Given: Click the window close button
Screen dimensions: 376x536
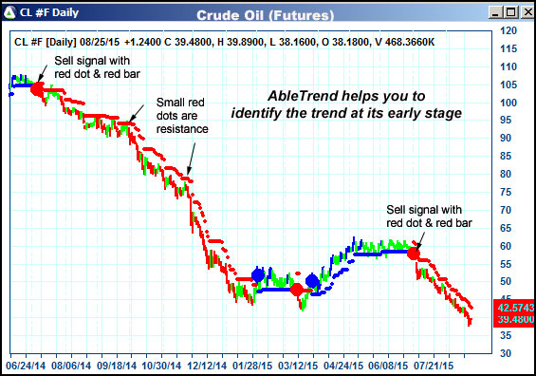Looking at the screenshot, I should point(526,12).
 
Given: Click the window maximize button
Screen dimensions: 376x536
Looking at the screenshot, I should point(508,12).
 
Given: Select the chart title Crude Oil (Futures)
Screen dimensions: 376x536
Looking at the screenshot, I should point(266,16).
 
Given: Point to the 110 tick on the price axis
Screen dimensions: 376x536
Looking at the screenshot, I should point(509,67).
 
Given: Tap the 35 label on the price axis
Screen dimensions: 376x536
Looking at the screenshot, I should point(508,335).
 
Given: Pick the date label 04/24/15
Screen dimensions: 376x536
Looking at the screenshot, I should point(344,364).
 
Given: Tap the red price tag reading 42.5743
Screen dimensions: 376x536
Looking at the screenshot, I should point(514,309).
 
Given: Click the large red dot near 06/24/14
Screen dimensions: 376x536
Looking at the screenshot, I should point(37,88).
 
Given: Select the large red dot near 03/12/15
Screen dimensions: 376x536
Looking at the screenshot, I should point(297,289).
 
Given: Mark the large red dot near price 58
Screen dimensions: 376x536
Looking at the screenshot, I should point(414,254).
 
